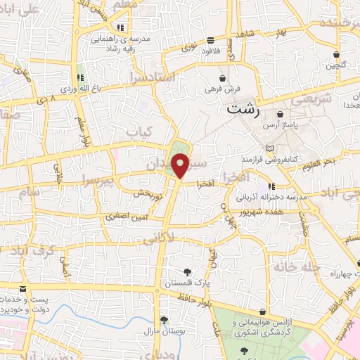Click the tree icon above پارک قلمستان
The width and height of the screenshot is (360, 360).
186,272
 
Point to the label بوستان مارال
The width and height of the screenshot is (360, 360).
163,330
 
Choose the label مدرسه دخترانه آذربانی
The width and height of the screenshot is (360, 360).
272,198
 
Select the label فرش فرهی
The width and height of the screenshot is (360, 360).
223,89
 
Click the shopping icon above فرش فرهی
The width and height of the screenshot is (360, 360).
223,79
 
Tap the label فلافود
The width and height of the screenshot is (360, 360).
211,51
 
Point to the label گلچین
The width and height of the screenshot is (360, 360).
336,65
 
